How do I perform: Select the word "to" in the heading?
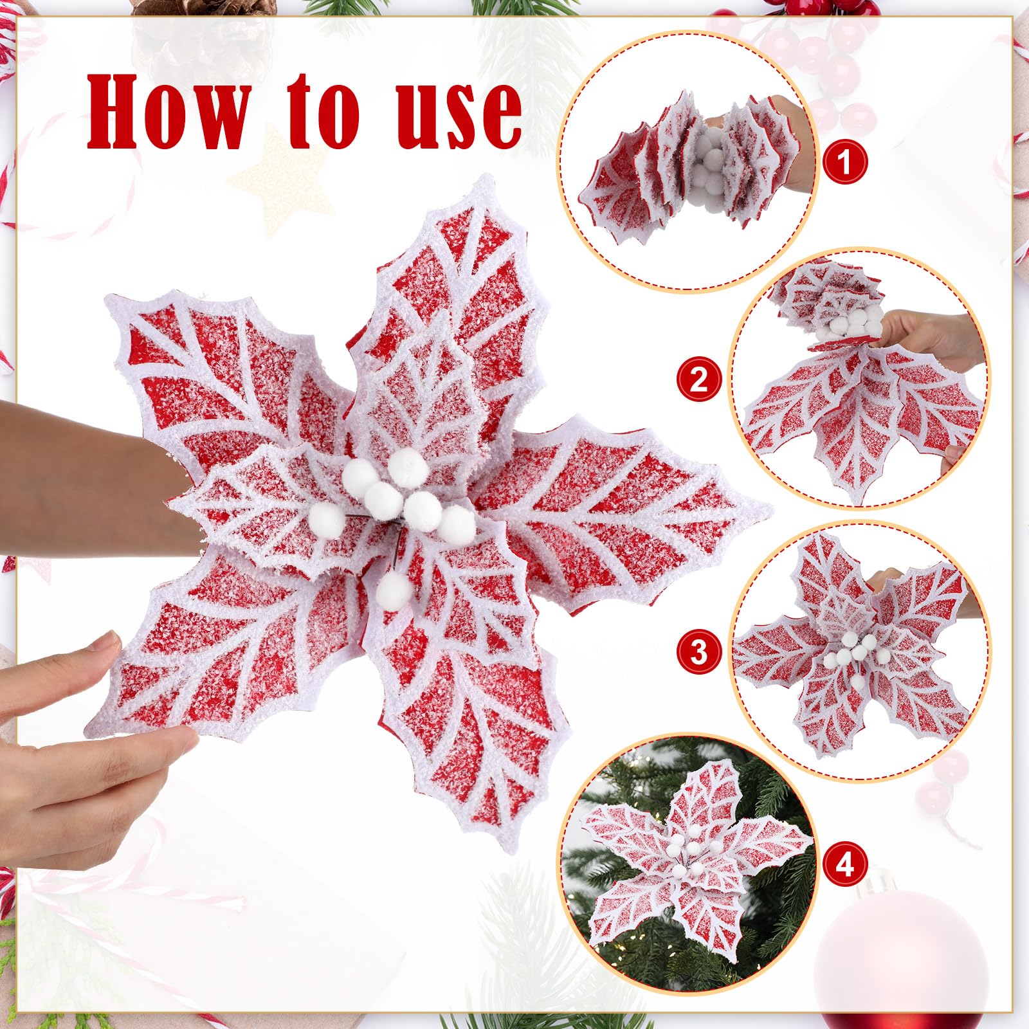click(x=325, y=111)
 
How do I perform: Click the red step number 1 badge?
click(x=844, y=162)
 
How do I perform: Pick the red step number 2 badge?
click(x=698, y=380)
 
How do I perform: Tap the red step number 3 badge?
click(x=698, y=653)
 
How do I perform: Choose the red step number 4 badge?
click(x=844, y=864)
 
